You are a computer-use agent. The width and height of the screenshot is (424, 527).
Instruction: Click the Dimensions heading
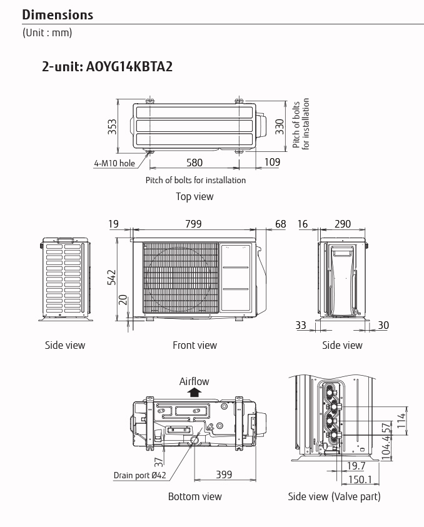pyautogui.click(x=58, y=15)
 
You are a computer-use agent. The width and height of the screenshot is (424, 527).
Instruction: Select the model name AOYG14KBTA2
pyautogui.click(x=129, y=66)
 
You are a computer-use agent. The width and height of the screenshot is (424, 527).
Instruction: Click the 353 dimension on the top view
pyautogui.click(x=113, y=127)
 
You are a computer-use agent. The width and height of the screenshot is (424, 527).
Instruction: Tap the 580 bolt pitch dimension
pyautogui.click(x=194, y=163)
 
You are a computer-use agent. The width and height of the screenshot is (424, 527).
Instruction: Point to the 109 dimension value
pyautogui.click(x=272, y=162)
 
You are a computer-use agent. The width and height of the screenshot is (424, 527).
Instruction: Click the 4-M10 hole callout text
pyautogui.click(x=114, y=163)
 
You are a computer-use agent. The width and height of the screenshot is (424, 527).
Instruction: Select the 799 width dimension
pyautogui.click(x=193, y=224)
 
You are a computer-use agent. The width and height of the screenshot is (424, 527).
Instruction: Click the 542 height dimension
pyautogui.click(x=112, y=278)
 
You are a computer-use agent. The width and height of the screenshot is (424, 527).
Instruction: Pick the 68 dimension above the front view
pyautogui.click(x=280, y=224)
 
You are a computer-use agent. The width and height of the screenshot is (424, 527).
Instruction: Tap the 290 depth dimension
pyautogui.click(x=343, y=224)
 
